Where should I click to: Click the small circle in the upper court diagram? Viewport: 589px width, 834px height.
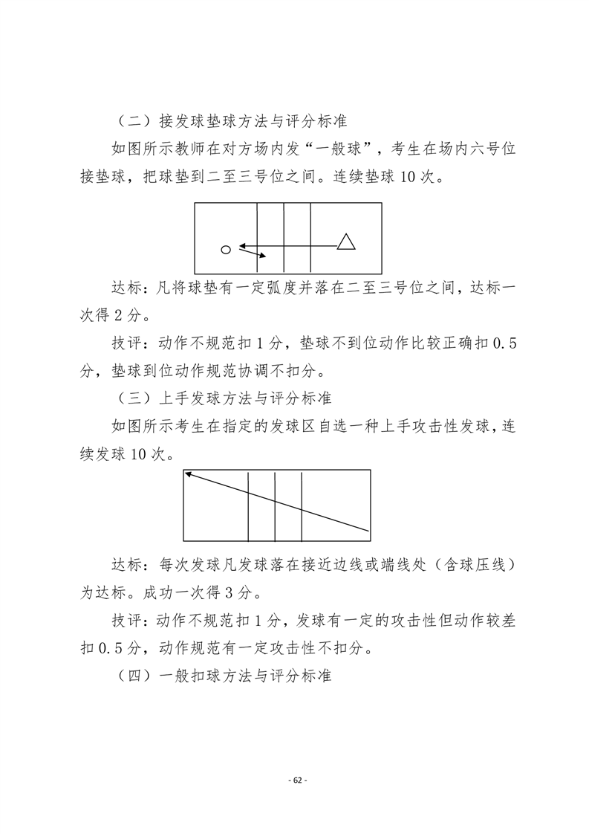[x=226, y=249]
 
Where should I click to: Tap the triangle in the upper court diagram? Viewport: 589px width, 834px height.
[x=345, y=242]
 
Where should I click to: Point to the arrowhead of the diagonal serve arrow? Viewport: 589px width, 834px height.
[x=187, y=473]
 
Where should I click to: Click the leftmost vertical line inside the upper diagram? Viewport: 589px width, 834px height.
[x=257, y=238]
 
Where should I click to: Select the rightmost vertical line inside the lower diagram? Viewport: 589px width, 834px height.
[x=302, y=505]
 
